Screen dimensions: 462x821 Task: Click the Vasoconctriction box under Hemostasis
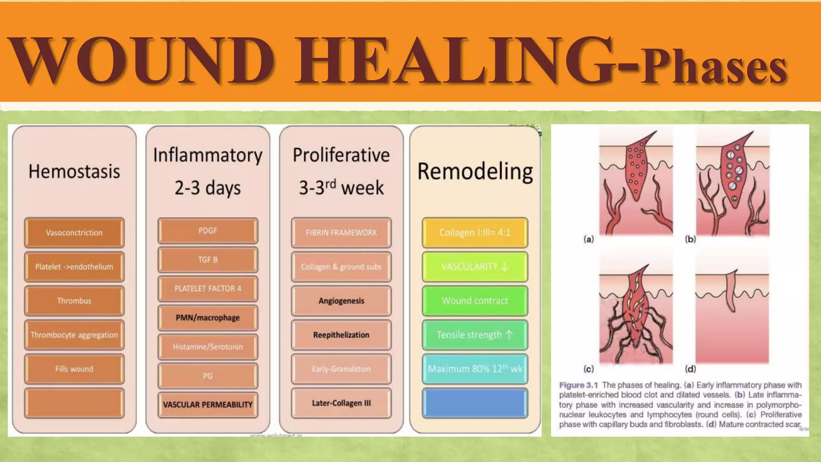click(74, 233)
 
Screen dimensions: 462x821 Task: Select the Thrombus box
click(74, 301)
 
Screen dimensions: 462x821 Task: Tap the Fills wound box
click(74, 369)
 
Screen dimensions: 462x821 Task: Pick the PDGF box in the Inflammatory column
click(208, 231)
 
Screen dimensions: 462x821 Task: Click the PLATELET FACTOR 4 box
click(208, 288)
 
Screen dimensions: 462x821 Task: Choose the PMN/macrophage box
click(208, 318)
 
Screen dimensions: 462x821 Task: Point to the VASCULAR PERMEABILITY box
click(208, 405)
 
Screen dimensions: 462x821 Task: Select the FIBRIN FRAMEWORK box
click(341, 233)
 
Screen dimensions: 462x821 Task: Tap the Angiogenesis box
click(341, 301)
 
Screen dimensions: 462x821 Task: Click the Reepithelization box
click(341, 335)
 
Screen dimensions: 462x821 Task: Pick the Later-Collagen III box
click(341, 403)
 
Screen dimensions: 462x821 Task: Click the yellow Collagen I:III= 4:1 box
click(475, 233)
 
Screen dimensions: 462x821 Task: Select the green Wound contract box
click(475, 301)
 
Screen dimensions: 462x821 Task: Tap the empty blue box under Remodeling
click(475, 403)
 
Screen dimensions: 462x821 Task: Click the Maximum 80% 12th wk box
click(475, 369)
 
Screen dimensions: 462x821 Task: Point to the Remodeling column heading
click(475, 172)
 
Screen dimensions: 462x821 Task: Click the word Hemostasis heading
click(74, 172)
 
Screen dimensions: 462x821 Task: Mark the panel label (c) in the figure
click(588, 369)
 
